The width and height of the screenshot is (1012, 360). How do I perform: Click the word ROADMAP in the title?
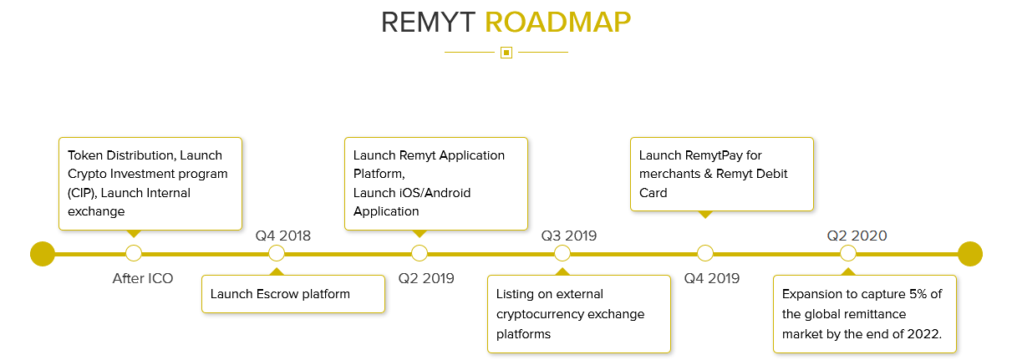557,23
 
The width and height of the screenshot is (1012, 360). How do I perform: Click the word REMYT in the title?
429,23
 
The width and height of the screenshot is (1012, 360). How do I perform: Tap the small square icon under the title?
506,53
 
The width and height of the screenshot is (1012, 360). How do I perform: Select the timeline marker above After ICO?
134,253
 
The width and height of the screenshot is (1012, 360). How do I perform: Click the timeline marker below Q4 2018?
277,253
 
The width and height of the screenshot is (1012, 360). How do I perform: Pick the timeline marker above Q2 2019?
420,253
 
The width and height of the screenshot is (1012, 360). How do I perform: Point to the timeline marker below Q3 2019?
562,253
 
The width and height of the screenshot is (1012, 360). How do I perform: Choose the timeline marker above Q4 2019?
705,253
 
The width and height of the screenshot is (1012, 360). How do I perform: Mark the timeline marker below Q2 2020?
848,253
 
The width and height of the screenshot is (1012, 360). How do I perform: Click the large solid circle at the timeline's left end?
43,253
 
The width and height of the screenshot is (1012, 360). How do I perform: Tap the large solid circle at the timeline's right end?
970,253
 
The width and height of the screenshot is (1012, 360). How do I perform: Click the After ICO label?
143,278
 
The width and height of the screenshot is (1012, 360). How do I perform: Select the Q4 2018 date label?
283,236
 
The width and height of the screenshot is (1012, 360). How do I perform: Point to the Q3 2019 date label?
569,236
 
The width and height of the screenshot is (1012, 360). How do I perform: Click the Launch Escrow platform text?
280,294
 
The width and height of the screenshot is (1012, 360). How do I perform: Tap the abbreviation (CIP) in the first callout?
84,193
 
